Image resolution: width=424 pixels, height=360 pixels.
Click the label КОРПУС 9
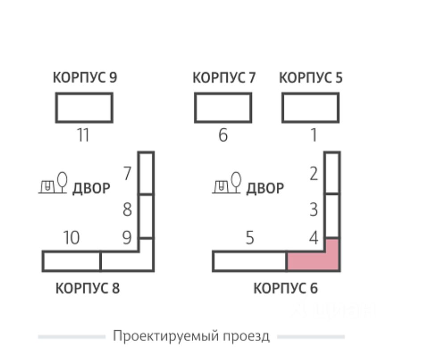pos(85,78)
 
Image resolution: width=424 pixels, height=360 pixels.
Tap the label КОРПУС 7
pos(224,78)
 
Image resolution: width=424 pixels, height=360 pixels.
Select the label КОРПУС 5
pos(311,78)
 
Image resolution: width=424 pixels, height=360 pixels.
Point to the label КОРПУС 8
pos(87,289)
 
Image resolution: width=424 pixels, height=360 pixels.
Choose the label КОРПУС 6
pos(286,289)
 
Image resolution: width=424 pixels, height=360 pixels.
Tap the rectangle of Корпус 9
pos(84,107)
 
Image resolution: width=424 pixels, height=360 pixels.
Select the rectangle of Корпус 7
pos(223,107)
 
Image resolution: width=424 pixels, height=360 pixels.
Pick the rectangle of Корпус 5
pos(311,107)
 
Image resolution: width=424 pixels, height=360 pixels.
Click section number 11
pos(83,135)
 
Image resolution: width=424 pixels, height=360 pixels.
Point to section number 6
pos(223,135)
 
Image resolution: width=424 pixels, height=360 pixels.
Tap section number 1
pos(314,135)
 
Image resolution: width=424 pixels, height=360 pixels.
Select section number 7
pos(128,173)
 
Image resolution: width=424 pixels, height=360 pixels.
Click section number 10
pos(71,238)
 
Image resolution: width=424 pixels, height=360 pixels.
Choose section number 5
pos(250,239)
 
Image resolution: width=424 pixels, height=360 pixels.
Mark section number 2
pos(314,174)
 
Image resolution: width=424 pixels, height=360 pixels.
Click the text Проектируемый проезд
pos(191,336)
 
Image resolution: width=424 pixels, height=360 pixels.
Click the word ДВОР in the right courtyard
pos(265,188)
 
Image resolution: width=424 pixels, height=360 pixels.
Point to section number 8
pos(128,209)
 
